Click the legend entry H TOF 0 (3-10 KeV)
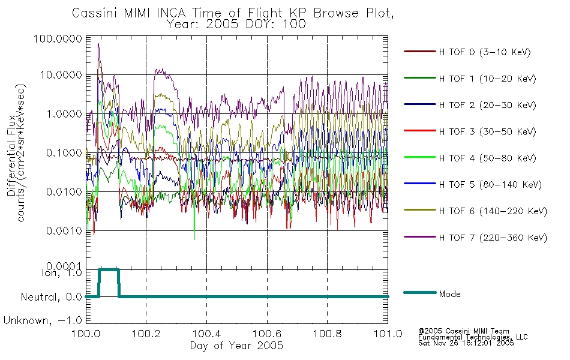(485, 52)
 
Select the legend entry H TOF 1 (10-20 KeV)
(487, 79)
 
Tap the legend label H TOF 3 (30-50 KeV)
(487, 131)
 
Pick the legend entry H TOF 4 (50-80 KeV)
(487, 158)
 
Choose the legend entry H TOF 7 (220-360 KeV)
(493, 238)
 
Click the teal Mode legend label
(449, 294)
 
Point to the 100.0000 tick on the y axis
(58, 38)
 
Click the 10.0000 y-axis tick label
(61, 75)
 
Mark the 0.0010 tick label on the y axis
(64, 230)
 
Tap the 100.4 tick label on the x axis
(207, 334)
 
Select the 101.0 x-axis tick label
(388, 334)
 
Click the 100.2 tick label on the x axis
(146, 334)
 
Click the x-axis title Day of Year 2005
(236, 346)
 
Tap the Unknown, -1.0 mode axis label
(43, 321)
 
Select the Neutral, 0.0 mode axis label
(51, 298)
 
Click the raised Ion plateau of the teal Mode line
(109, 270)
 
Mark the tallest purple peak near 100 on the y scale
(98, 44)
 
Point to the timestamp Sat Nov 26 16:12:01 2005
(466, 343)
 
